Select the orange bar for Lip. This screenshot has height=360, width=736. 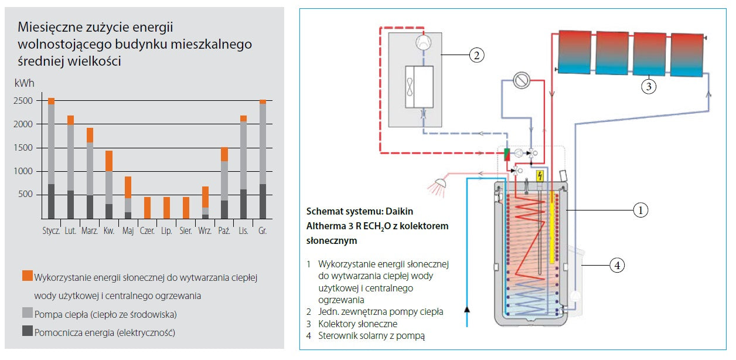[x=167, y=208]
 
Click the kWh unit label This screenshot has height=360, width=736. [x=23, y=84]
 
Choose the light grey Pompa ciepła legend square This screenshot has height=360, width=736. [x=27, y=314]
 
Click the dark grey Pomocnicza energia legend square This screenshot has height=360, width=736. [x=27, y=332]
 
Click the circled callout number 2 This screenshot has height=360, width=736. [x=477, y=56]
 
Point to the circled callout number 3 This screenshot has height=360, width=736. [x=648, y=86]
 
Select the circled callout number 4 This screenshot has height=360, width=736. [x=616, y=266]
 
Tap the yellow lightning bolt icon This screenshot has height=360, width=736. [x=540, y=176]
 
